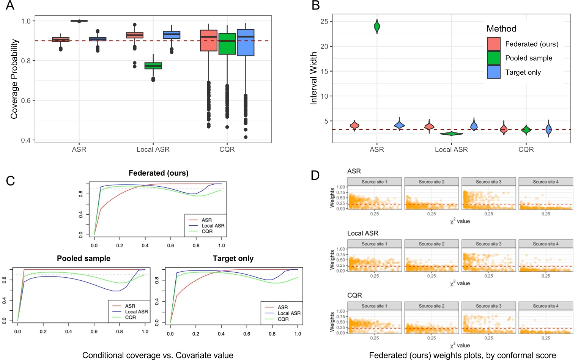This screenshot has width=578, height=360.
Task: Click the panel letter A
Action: tap(10, 6)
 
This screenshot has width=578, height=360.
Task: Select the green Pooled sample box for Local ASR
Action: tap(153, 66)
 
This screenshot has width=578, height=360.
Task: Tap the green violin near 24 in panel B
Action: tap(377, 27)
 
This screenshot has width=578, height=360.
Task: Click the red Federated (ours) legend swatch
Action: tap(493, 44)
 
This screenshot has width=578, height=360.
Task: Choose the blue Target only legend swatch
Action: tap(493, 72)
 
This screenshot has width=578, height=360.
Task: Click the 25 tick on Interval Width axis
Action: tap(324, 22)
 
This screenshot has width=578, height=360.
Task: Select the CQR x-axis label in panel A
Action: tap(227, 149)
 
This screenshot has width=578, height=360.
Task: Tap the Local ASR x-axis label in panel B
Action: tap(451, 149)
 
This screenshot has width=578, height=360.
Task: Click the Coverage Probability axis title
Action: tap(14, 79)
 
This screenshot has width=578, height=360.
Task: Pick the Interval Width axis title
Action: tap(313, 79)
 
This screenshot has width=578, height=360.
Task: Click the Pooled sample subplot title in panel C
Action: tap(83, 258)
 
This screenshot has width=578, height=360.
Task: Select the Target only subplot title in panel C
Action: tap(233, 258)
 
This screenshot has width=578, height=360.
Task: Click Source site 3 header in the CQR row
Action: tap(488, 306)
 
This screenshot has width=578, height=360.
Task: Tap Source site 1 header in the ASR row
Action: tap(374, 182)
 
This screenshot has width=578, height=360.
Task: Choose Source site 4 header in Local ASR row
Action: tap(545, 244)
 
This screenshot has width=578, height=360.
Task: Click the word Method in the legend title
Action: tap(501, 29)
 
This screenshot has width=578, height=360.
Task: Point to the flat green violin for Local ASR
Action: tap(451, 134)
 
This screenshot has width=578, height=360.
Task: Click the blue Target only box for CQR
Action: tap(246, 42)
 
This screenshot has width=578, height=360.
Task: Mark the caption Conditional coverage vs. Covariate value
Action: tap(157, 355)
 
